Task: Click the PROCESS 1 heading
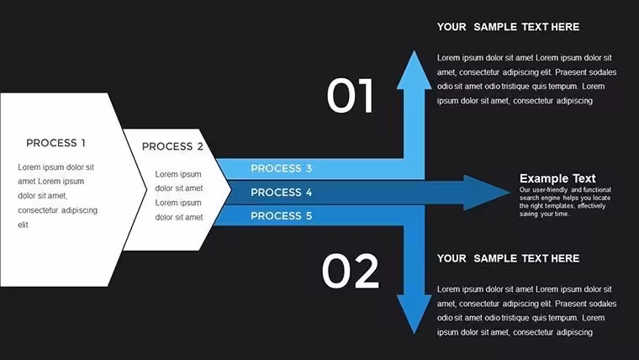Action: click(x=55, y=143)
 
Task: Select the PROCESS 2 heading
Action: click(x=172, y=146)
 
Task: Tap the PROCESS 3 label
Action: click(x=281, y=168)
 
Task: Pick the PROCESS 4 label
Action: click(x=281, y=193)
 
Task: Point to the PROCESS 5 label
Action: click(x=281, y=216)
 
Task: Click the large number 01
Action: click(x=350, y=96)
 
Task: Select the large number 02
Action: click(x=350, y=271)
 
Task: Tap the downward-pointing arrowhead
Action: click(x=414, y=312)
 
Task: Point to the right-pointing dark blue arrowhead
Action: click(x=485, y=193)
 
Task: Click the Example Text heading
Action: click(x=557, y=178)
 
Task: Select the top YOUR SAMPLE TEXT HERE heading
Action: click(x=508, y=27)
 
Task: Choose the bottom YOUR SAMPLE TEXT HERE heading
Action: click(x=508, y=258)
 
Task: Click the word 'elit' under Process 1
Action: click(x=24, y=225)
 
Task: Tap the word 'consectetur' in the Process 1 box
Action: click(x=38, y=210)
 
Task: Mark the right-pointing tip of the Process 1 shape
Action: click(x=146, y=189)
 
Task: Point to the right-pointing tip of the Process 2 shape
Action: click(x=231, y=189)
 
